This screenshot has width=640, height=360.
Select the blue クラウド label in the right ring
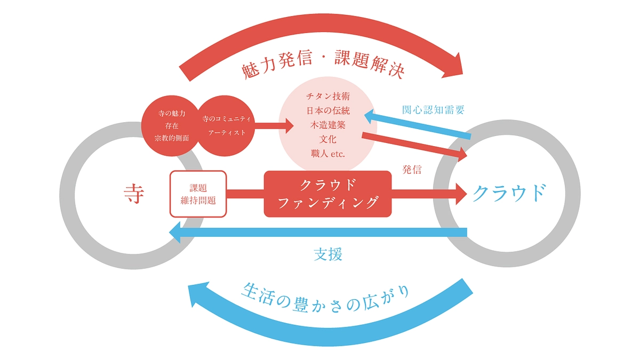tap(509, 194)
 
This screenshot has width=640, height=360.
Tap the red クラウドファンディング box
tap(327, 194)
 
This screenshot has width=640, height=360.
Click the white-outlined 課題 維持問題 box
tap(198, 194)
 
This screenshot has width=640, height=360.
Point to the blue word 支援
tap(327, 254)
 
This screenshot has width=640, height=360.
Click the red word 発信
tap(412, 170)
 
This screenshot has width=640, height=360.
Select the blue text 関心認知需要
tap(433, 110)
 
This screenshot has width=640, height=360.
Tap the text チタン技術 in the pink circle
tap(328, 97)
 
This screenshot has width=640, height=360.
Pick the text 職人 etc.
tap(328, 154)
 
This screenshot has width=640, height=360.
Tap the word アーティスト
tap(227, 132)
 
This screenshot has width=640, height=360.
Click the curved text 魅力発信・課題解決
tap(323, 66)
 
